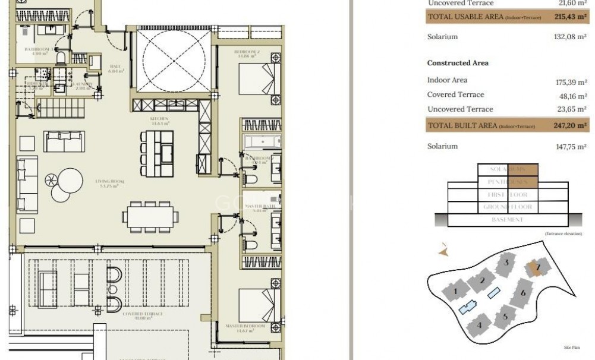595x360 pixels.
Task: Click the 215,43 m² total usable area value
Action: [x=570, y=17]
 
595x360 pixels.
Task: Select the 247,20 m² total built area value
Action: [x=570, y=126]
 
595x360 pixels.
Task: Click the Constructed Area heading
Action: [x=458, y=63]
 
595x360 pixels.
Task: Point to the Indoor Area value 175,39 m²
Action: [x=571, y=83]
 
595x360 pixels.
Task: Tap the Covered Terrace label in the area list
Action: [x=455, y=94]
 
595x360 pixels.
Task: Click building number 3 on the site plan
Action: [x=506, y=262]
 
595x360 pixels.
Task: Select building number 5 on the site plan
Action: [x=505, y=317]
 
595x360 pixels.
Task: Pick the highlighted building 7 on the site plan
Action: [x=537, y=268]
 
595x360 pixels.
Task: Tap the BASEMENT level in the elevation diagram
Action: [x=508, y=220]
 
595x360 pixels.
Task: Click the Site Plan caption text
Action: [x=571, y=347]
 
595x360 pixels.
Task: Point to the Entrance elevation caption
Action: [x=561, y=235]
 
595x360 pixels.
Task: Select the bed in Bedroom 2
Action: [x=259, y=78]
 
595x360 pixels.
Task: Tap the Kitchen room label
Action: [x=159, y=119]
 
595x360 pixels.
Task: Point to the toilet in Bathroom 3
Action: [x=60, y=58]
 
